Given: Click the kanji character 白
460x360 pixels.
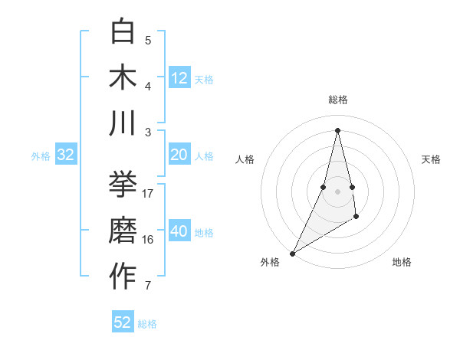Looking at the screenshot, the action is click(x=123, y=32).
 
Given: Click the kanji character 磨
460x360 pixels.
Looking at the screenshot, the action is click(x=123, y=231).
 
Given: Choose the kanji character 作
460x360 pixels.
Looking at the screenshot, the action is click(x=123, y=276).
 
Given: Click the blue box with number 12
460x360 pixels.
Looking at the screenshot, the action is click(x=179, y=78).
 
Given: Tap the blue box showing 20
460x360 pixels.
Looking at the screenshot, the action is click(x=179, y=155).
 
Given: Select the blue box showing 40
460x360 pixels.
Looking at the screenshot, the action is click(x=179, y=231).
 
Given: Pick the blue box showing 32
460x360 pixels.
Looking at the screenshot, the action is click(x=66, y=155).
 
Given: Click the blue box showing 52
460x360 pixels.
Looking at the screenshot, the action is click(x=123, y=322).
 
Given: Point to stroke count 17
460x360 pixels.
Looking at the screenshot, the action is click(x=149, y=193).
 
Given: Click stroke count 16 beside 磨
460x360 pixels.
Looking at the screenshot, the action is click(x=149, y=239).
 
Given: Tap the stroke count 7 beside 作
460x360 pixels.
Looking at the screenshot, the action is click(x=149, y=286).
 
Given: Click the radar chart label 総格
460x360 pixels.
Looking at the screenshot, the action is click(x=338, y=100).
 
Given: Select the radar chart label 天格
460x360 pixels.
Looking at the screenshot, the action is click(x=431, y=159).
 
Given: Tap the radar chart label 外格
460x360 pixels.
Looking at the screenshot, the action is click(x=270, y=262).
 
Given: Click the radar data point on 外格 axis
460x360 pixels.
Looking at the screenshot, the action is click(x=292, y=253).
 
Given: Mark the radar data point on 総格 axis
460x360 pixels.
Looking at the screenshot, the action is click(x=337, y=129).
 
